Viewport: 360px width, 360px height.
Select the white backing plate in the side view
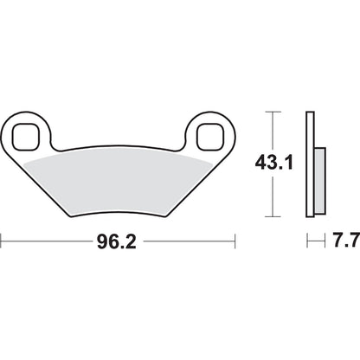point(309,164)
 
